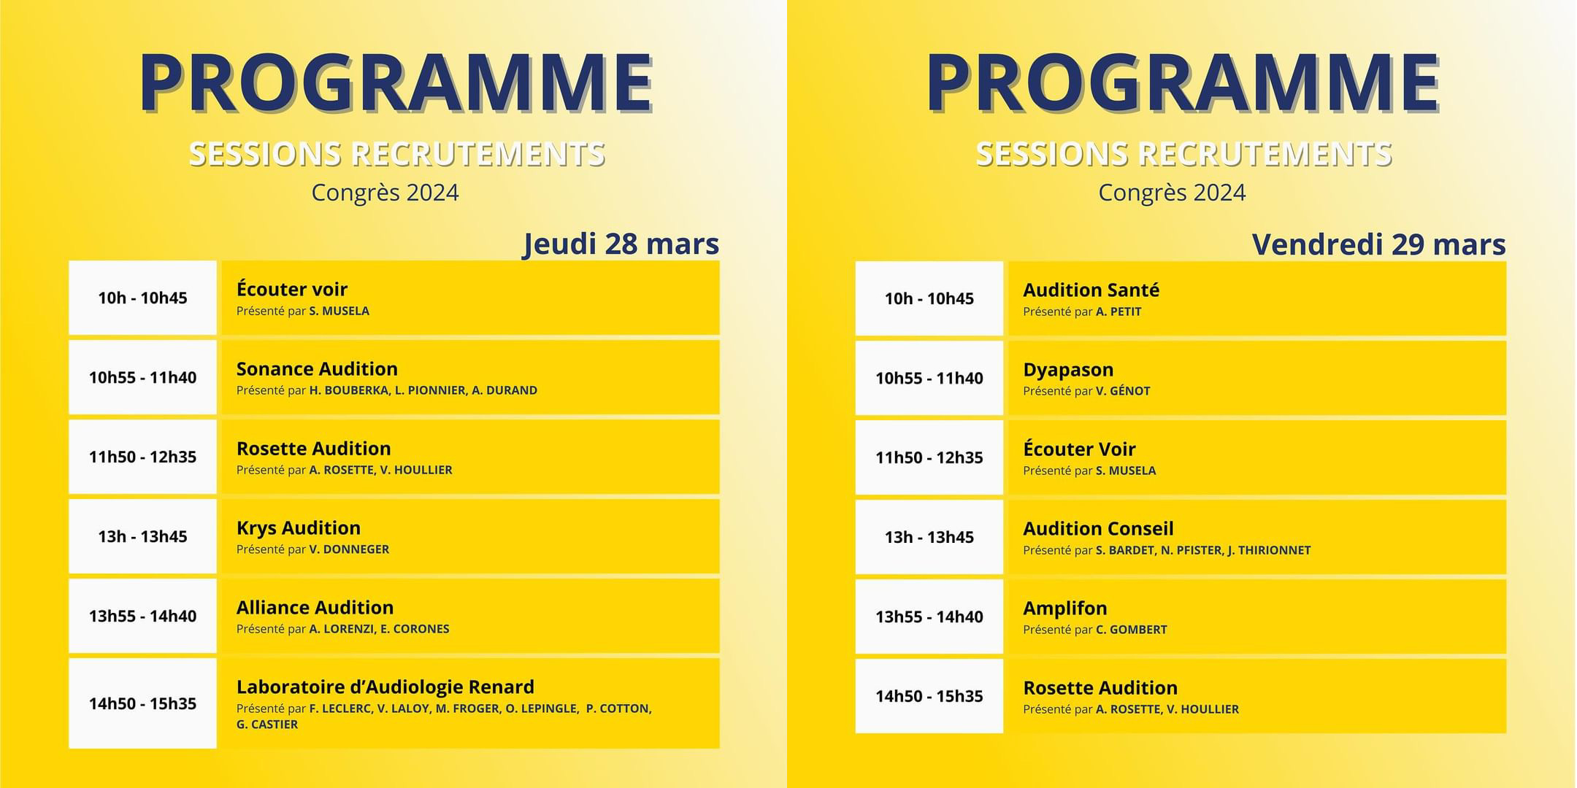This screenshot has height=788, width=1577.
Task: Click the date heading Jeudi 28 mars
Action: [621, 244]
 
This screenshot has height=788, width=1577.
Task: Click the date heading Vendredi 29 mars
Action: [1379, 244]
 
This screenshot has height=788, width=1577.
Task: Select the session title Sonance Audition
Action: [317, 368]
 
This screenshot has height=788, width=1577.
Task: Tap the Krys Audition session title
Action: [299, 528]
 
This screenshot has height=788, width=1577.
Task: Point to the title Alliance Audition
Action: [315, 607]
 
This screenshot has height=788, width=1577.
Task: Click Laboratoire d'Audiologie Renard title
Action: [385, 687]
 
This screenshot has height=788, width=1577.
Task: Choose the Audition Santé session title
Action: [1091, 290]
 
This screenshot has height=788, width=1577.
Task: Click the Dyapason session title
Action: [1068, 370]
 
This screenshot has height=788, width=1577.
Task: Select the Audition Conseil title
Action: [1098, 528]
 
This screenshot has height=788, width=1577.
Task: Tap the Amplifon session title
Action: [1065, 608]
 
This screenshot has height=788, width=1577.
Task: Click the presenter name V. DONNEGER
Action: [349, 549]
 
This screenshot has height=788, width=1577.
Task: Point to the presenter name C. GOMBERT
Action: [1132, 630]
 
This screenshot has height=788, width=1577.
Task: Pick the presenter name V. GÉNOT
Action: [1123, 391]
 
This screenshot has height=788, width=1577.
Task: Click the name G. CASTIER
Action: [267, 725]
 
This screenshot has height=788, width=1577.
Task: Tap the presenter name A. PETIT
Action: [1119, 312]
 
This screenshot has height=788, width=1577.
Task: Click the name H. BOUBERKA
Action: [349, 390]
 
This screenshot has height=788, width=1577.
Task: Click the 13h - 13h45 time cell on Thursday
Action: [143, 536]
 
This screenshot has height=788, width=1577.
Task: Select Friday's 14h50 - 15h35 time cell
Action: [929, 696]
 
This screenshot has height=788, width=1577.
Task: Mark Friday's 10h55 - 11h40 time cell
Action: [929, 378]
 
